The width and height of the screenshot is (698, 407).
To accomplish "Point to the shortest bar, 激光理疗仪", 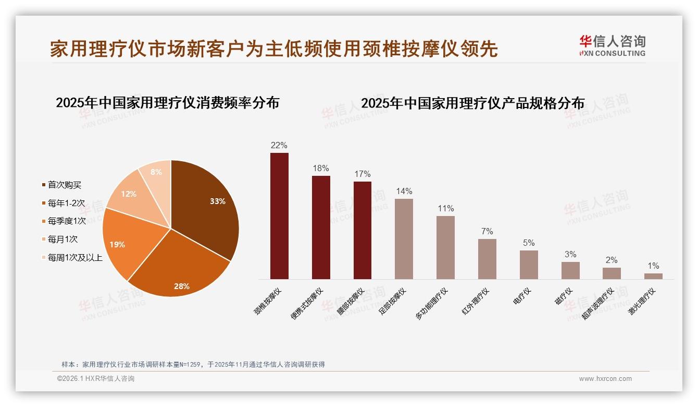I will click(653, 276).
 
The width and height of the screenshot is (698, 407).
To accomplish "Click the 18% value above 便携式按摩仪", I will click(321, 168).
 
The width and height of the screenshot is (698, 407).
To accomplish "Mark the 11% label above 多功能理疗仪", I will click(445, 208).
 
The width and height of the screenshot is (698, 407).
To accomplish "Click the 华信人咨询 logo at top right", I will click(612, 45).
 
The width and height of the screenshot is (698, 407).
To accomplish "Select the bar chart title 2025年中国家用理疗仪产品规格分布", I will click(472, 103).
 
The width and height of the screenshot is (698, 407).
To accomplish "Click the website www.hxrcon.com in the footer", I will click(605, 379).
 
